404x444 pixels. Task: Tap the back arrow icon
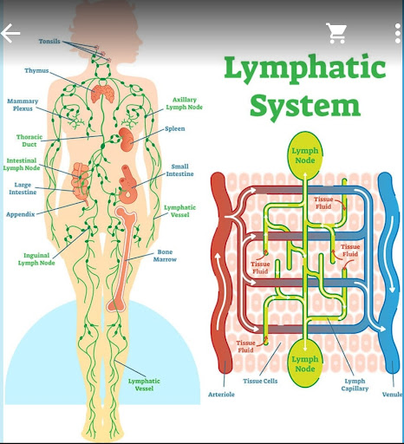[x=10, y=33]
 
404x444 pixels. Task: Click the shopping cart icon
[x=336, y=33]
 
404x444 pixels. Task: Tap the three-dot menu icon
[x=398, y=34]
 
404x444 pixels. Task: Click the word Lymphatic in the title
[x=305, y=69]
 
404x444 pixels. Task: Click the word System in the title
[x=305, y=107]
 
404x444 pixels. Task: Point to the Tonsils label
[x=49, y=42]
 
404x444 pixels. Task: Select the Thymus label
[x=36, y=71]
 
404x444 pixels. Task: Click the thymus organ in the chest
[x=102, y=93]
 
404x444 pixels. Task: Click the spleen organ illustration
[x=127, y=140]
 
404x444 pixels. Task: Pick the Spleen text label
[x=175, y=128]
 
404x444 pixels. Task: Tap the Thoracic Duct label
[x=29, y=140]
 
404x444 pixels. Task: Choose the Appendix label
[x=21, y=214]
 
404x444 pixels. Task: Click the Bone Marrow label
[x=165, y=256]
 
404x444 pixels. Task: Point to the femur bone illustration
[x=121, y=258]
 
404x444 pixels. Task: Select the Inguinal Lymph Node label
[x=36, y=259]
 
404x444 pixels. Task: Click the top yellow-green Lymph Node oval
[x=305, y=155]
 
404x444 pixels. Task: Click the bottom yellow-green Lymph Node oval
[x=305, y=363]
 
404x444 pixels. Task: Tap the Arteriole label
[x=221, y=395]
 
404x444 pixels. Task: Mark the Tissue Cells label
[x=260, y=381]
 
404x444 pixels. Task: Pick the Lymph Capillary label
[x=355, y=385]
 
